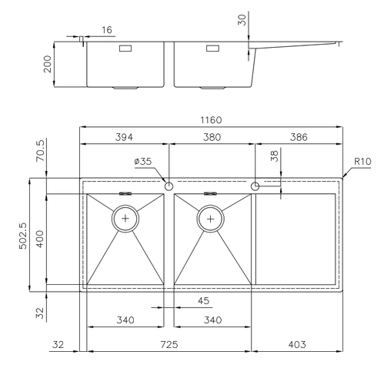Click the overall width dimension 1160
coord(211,120)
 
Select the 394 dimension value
coord(124,137)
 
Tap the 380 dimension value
coord(212,137)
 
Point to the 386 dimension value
coord(299,137)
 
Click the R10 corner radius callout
coord(362,162)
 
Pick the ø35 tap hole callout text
coord(143,162)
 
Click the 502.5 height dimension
coord(23,236)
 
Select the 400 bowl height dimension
coord(40,239)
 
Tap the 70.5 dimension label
coord(40,150)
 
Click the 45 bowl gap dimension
coord(203,301)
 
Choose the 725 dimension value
coord(169,344)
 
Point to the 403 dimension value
coord(297,344)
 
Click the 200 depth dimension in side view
coord(48,64)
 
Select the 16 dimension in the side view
coord(107,30)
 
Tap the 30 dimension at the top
coord(242,20)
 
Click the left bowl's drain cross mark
coord(125,219)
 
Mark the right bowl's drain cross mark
coord(210,219)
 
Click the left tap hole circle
coord(169,186)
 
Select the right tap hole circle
coord(255,186)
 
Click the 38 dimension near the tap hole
coord(274,156)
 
